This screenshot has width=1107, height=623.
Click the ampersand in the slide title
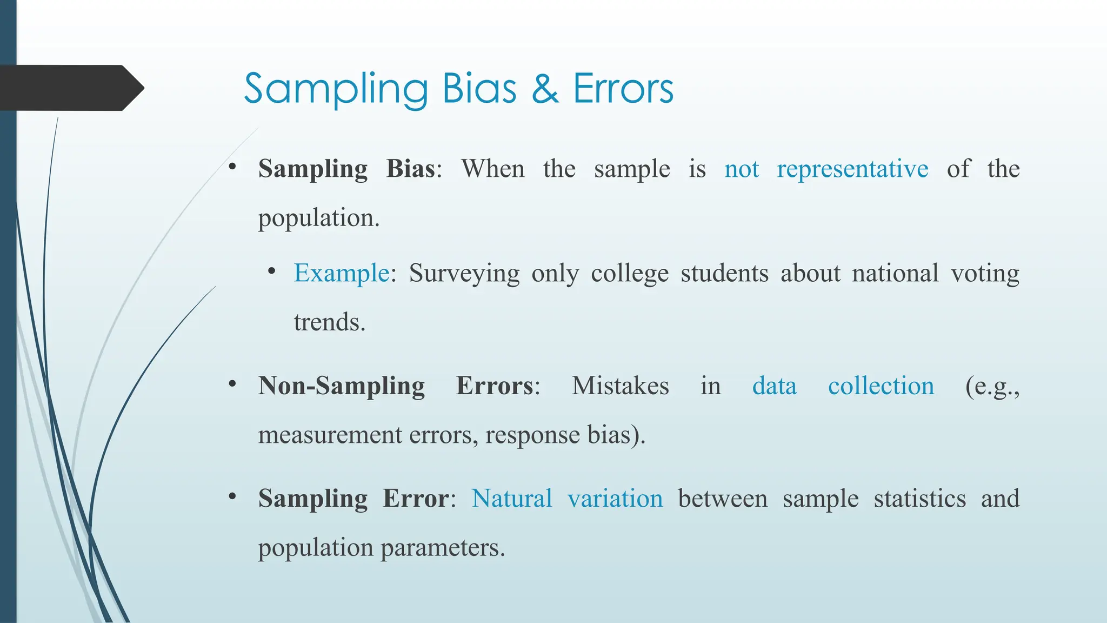tap(545, 89)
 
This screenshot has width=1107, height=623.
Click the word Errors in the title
tap(623, 89)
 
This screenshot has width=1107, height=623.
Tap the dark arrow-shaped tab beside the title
tap(70, 88)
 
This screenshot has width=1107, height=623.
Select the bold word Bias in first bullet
tap(410, 169)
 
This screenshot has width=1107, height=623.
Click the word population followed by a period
tap(318, 218)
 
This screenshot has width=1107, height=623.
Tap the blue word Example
tap(341, 273)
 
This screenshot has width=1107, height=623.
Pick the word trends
tap(329, 322)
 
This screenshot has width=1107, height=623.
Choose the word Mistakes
tap(620, 386)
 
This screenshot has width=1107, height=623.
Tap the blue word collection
tap(881, 386)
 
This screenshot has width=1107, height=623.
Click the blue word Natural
tap(511, 499)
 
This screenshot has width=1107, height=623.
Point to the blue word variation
tap(615, 499)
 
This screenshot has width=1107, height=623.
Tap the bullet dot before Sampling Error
tap(232, 496)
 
